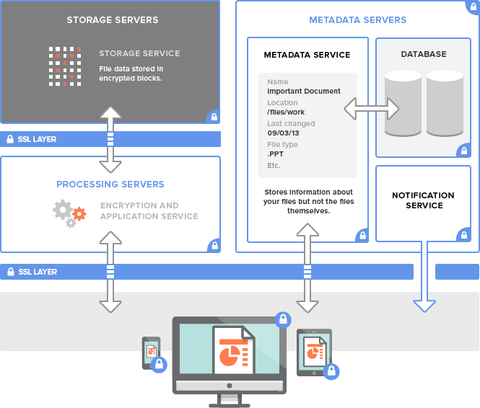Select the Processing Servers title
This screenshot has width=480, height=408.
[x=110, y=184]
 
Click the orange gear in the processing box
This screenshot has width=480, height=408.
[x=79, y=213]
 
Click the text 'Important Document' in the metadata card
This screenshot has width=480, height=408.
[x=303, y=92]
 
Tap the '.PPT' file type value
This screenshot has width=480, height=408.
[x=276, y=154]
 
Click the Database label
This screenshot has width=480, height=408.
[x=424, y=54]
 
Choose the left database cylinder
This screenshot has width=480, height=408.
[x=403, y=103]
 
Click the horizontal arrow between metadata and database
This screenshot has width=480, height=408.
[x=371, y=109]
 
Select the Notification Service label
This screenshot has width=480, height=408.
[x=423, y=200]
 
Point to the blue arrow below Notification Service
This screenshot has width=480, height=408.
[x=424, y=281]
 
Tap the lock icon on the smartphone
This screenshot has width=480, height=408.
[x=160, y=363]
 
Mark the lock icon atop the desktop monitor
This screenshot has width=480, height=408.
[x=283, y=319]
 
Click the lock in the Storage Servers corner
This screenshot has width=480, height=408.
[x=213, y=116]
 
